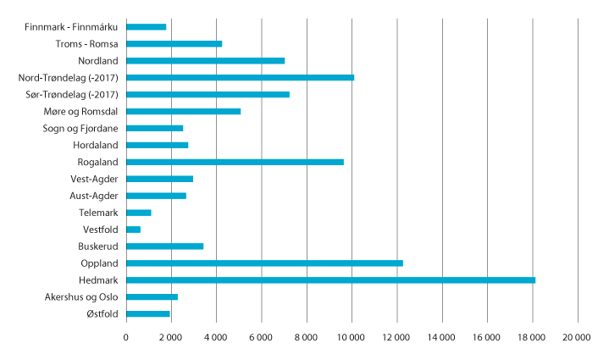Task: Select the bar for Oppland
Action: coord(264,263)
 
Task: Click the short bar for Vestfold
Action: coord(133,230)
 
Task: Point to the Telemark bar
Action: coord(138,213)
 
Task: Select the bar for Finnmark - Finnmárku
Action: coord(146,26)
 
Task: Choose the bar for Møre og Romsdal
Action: coord(183,111)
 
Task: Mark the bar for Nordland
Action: coord(205,60)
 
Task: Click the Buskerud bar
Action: coord(164,246)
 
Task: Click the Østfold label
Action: coord(101,314)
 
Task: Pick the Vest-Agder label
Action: coord(95,179)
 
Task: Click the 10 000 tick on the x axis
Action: coord(352,338)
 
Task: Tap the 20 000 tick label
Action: coord(577,338)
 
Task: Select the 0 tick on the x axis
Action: coord(126,338)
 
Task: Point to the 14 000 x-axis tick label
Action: coord(441,338)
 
